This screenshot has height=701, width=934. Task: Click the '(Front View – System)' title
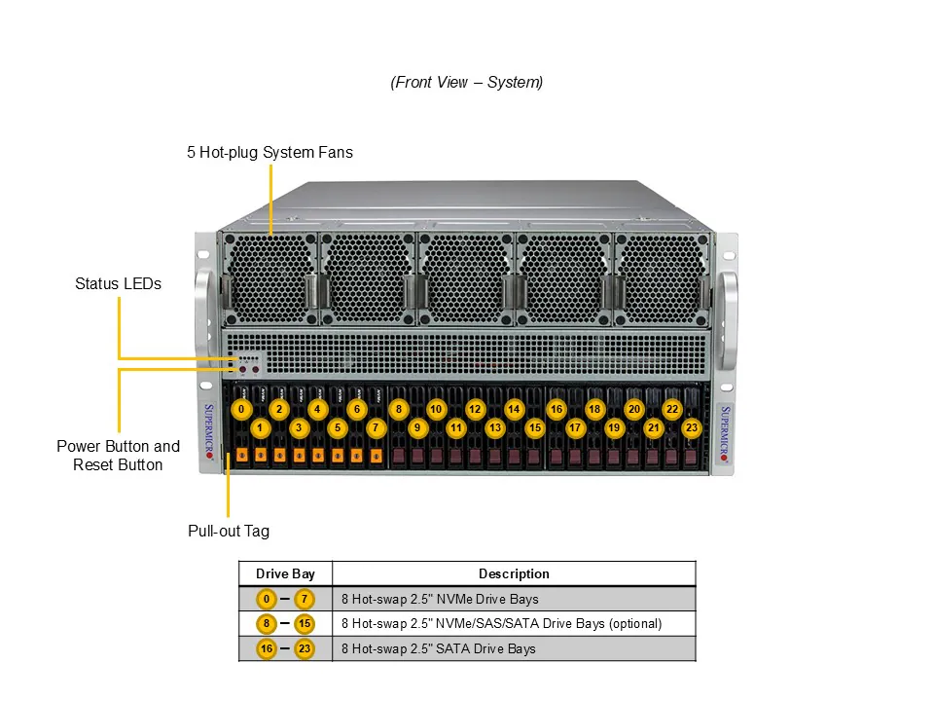point(467,83)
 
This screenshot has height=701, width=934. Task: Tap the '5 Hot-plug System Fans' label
point(269,153)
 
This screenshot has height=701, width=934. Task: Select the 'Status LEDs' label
point(118,284)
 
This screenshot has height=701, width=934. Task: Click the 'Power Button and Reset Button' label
point(118,456)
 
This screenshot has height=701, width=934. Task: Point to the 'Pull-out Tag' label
point(228,532)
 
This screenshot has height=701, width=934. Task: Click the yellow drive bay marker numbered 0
point(241,410)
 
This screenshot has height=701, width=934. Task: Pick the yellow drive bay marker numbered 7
point(377,427)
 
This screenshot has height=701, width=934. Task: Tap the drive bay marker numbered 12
point(475,410)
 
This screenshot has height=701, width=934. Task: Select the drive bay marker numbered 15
point(534,427)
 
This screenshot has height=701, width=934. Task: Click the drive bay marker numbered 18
point(594,410)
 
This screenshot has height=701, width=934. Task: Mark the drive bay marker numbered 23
point(692,427)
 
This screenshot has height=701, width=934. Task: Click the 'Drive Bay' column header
point(285,573)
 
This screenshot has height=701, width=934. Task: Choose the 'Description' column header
point(514,573)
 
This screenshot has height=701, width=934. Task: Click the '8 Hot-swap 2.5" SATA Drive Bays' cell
point(439,648)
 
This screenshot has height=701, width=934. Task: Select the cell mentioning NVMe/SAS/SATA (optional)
point(501,623)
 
